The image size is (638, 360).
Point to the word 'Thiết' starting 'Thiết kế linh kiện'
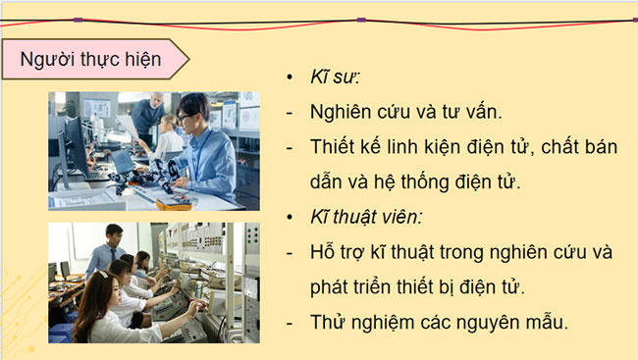332,146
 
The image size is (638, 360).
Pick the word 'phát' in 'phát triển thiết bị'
328,287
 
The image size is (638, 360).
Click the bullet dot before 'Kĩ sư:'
289,77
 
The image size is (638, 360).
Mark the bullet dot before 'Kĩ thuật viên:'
289,216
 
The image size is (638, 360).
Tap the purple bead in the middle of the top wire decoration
361,19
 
